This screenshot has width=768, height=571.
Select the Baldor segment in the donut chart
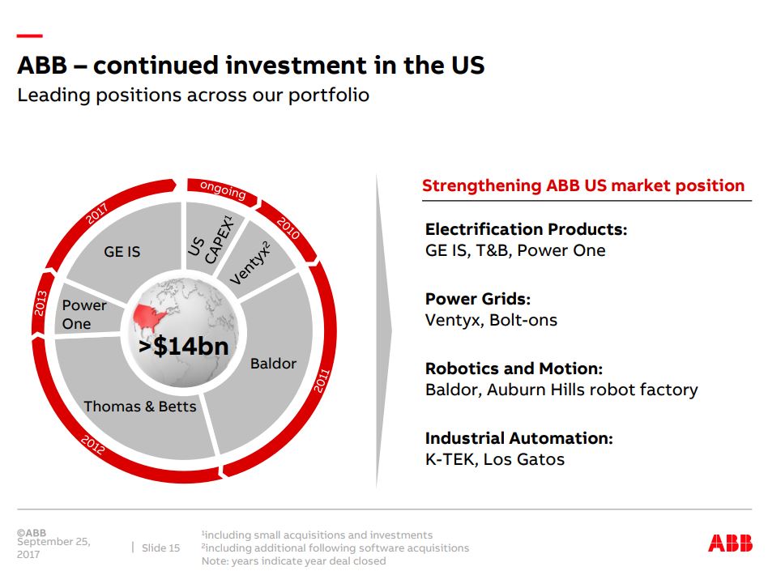click(x=273, y=363)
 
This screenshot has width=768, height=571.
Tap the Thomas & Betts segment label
click(x=140, y=406)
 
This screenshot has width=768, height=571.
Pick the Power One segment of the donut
click(x=83, y=314)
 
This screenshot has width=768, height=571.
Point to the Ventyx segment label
click(x=250, y=262)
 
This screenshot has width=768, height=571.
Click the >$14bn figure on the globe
click(x=183, y=346)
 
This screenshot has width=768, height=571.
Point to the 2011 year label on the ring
click(x=322, y=381)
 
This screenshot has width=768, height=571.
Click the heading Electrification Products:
click(x=526, y=229)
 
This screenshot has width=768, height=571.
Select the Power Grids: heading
click(x=477, y=299)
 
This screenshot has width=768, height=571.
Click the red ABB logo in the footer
click(x=730, y=543)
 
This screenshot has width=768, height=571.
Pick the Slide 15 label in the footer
click(x=160, y=548)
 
